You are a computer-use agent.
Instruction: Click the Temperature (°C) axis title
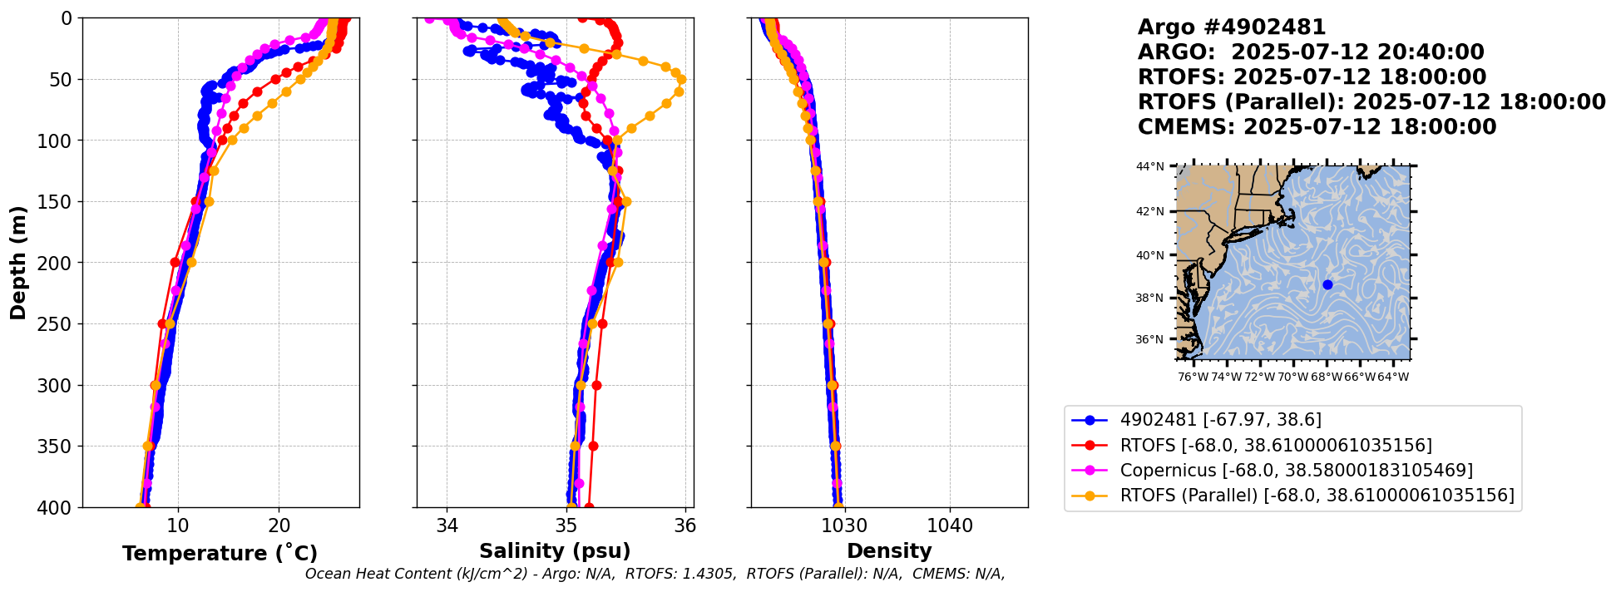click(220, 554)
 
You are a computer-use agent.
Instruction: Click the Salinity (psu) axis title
click(555, 551)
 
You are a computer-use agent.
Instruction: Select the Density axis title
click(889, 551)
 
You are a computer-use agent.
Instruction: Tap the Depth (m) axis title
click(18, 262)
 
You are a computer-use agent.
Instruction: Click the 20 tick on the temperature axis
click(279, 525)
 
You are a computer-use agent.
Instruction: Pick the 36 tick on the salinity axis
click(685, 525)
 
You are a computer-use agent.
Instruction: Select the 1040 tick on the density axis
click(950, 525)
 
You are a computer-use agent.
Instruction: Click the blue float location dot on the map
click(1327, 284)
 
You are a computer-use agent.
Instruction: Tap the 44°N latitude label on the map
click(1150, 166)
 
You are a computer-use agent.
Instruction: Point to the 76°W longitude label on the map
click(1193, 377)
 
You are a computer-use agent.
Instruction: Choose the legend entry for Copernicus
click(1296, 471)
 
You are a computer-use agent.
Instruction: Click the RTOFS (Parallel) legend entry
click(1317, 496)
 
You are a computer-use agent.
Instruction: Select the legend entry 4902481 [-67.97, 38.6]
click(1220, 420)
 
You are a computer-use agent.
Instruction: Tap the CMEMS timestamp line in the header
click(1317, 127)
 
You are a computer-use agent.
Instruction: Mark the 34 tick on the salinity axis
click(447, 525)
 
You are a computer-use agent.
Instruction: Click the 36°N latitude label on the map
click(1150, 339)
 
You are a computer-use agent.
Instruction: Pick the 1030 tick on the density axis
click(844, 525)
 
